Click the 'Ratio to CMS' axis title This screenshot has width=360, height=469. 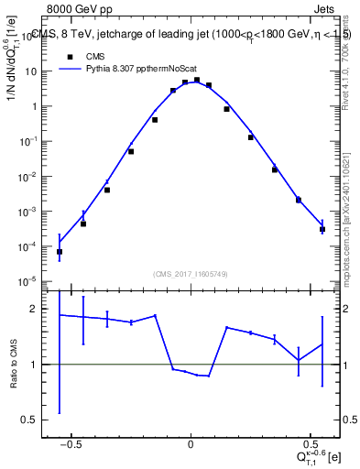pyautogui.click(x=13, y=365)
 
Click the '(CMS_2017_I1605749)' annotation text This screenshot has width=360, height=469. pyautogui.click(x=191, y=274)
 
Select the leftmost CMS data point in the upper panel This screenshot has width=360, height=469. pyautogui.click(x=60, y=252)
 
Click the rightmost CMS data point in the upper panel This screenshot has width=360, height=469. pyautogui.click(x=322, y=229)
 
